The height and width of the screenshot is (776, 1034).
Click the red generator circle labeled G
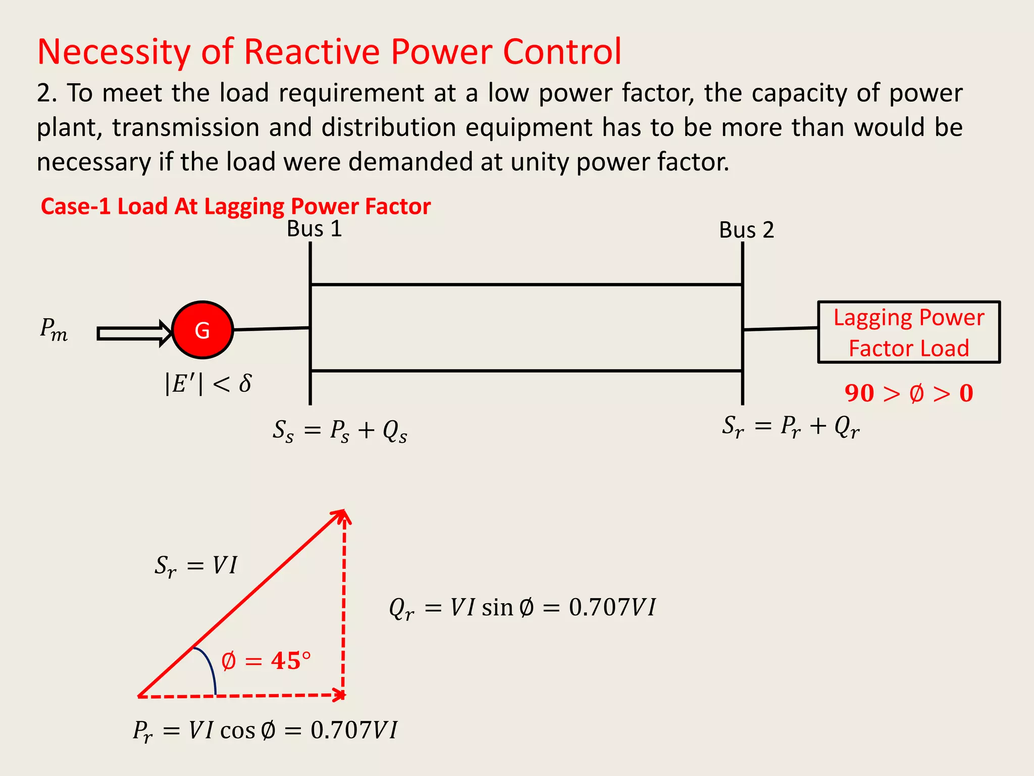tap(202, 330)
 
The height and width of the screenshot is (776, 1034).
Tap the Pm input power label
tap(54, 329)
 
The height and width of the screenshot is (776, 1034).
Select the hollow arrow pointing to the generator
tap(134, 333)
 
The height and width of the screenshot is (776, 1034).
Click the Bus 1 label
tap(314, 229)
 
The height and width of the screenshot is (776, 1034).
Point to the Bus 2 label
tap(746, 230)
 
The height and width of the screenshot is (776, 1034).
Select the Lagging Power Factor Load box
tap(908, 332)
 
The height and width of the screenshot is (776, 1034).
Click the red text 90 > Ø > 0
tap(909, 393)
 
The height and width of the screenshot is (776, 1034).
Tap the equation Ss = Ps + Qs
tap(340, 431)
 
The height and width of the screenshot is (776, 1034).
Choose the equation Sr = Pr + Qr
tap(790, 426)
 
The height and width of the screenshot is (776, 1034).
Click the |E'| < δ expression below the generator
tap(208, 383)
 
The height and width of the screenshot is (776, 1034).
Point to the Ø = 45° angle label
tap(266, 660)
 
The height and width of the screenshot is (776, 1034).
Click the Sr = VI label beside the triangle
tap(195, 565)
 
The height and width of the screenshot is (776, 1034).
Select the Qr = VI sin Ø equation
tap(522, 607)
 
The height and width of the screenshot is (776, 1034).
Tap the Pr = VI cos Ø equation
tap(265, 731)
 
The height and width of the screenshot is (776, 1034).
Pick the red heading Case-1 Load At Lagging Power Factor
tap(235, 206)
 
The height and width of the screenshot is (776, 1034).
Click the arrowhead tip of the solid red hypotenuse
tap(343, 511)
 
